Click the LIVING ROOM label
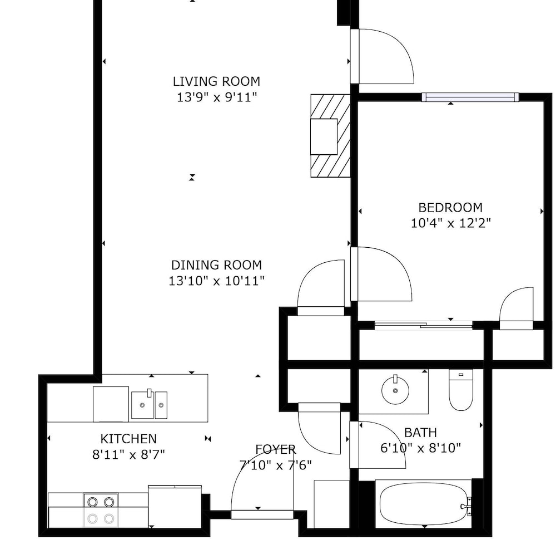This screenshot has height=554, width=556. pos(216,81)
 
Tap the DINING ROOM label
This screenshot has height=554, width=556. pos(216,265)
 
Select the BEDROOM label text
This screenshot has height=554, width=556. pos(450,207)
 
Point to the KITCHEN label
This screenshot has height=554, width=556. pos(128,439)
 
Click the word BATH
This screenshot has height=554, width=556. pos(420,433)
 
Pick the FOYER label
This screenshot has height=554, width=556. pos(276,449)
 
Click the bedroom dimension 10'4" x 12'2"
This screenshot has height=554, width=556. pos(451,223)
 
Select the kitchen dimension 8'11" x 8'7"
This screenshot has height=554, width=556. pos(129,454)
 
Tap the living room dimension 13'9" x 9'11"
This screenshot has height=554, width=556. pos(216,97)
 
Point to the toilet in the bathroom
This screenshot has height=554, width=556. pos(461,390)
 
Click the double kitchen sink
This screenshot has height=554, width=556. pos(149,405)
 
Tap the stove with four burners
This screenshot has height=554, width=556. pos(101,511)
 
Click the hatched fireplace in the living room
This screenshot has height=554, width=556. pos(330,136)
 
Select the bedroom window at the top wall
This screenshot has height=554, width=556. pos(470,97)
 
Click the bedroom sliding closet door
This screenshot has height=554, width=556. pos(423,325)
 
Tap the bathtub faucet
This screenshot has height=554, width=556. pos(465,507)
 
